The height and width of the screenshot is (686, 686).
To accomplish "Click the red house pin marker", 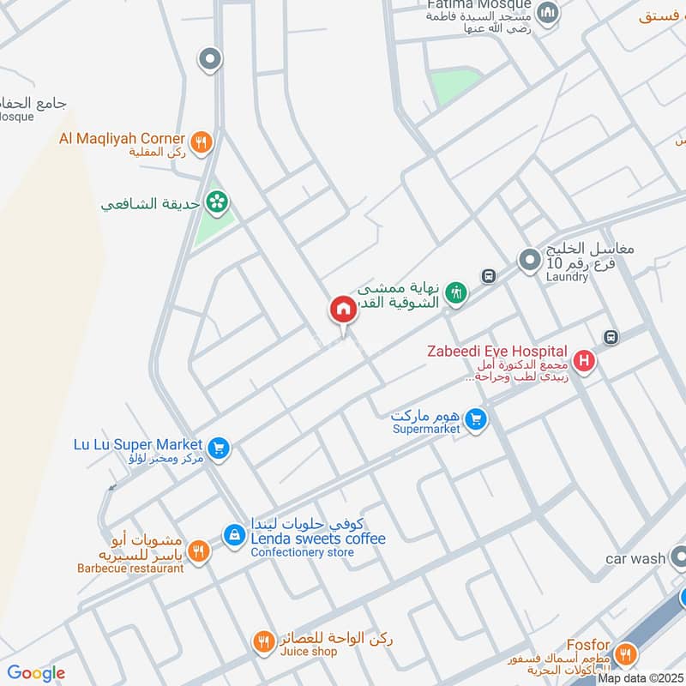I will click(x=343, y=309).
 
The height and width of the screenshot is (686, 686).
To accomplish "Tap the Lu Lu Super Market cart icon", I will click(x=219, y=448).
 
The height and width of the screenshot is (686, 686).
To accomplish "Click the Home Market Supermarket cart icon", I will click(x=478, y=420).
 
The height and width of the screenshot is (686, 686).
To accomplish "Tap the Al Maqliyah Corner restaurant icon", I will click(x=202, y=142).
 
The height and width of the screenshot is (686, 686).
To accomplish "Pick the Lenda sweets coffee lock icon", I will click(x=233, y=535).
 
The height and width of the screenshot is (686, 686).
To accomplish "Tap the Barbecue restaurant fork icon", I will click(x=198, y=551).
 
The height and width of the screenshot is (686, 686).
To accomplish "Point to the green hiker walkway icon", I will click(x=457, y=292).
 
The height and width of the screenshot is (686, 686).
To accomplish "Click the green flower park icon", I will click(x=219, y=202).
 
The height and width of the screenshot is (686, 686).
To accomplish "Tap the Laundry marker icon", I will click(x=529, y=256).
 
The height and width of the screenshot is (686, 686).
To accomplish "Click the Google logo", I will click(x=36, y=673).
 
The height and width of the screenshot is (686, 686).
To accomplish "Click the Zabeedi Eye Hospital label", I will click(x=497, y=351).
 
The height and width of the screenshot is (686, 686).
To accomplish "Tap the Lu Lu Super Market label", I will click(x=138, y=444).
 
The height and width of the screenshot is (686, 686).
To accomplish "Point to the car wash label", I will click(x=635, y=558).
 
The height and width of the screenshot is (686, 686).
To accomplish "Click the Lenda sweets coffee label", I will click(x=318, y=539).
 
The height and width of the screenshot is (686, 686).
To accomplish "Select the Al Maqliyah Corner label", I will click(x=122, y=138).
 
